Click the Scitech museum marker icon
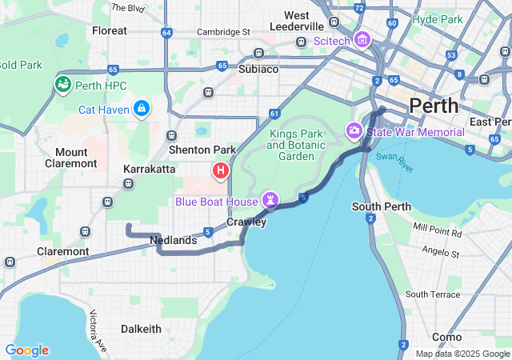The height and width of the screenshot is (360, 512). point(362,39)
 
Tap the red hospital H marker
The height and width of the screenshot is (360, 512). point(221,170)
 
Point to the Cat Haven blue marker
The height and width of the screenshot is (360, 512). point(142,108)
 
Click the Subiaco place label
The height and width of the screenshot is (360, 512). point(256,69)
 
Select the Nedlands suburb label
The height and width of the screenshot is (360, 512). point(174,240)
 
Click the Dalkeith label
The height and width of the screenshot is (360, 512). point(141,329)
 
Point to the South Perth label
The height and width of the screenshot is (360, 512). point(382,206)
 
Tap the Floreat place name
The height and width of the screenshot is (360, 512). point(110,30)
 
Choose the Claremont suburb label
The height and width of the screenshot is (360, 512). point(63,251)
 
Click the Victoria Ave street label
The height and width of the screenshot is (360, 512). point(98,330)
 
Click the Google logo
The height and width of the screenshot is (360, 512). point(26,350)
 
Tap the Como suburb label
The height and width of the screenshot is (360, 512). point(446,337)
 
